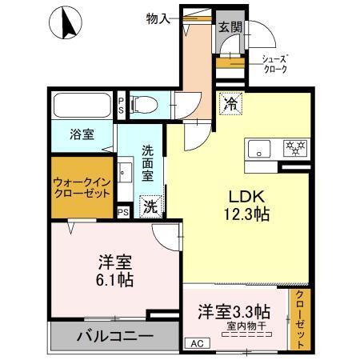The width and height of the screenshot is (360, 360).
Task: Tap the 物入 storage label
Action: pos(158,18)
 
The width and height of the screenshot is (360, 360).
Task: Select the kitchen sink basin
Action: pos(260,149)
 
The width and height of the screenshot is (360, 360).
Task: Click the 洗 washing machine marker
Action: pos(150,206)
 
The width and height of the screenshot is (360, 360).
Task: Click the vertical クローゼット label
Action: pos(299,318)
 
